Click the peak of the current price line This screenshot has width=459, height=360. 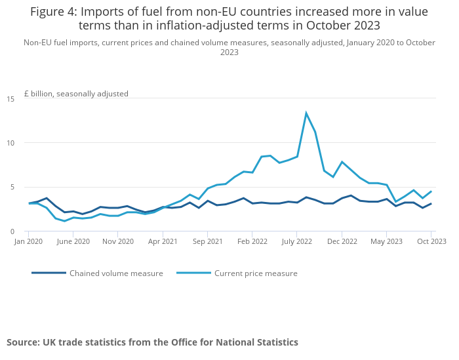click(x=306, y=113)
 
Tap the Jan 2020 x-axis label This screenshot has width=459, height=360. click(x=28, y=241)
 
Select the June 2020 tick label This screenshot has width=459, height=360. click(x=73, y=241)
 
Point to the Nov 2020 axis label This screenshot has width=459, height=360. click(x=117, y=241)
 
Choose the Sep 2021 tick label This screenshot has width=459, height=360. click(x=207, y=241)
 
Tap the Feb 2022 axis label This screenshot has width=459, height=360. click(x=252, y=241)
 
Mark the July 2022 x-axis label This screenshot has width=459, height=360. click(x=296, y=241)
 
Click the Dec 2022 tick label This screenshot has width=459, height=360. click(x=342, y=241)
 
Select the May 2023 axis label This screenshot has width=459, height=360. click(x=386, y=241)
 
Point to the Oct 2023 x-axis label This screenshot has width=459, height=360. click(x=431, y=241)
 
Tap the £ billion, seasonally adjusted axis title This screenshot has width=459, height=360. click(x=77, y=94)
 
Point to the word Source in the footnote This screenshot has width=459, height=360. click(x=22, y=342)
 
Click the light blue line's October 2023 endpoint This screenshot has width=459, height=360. click(x=431, y=191)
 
